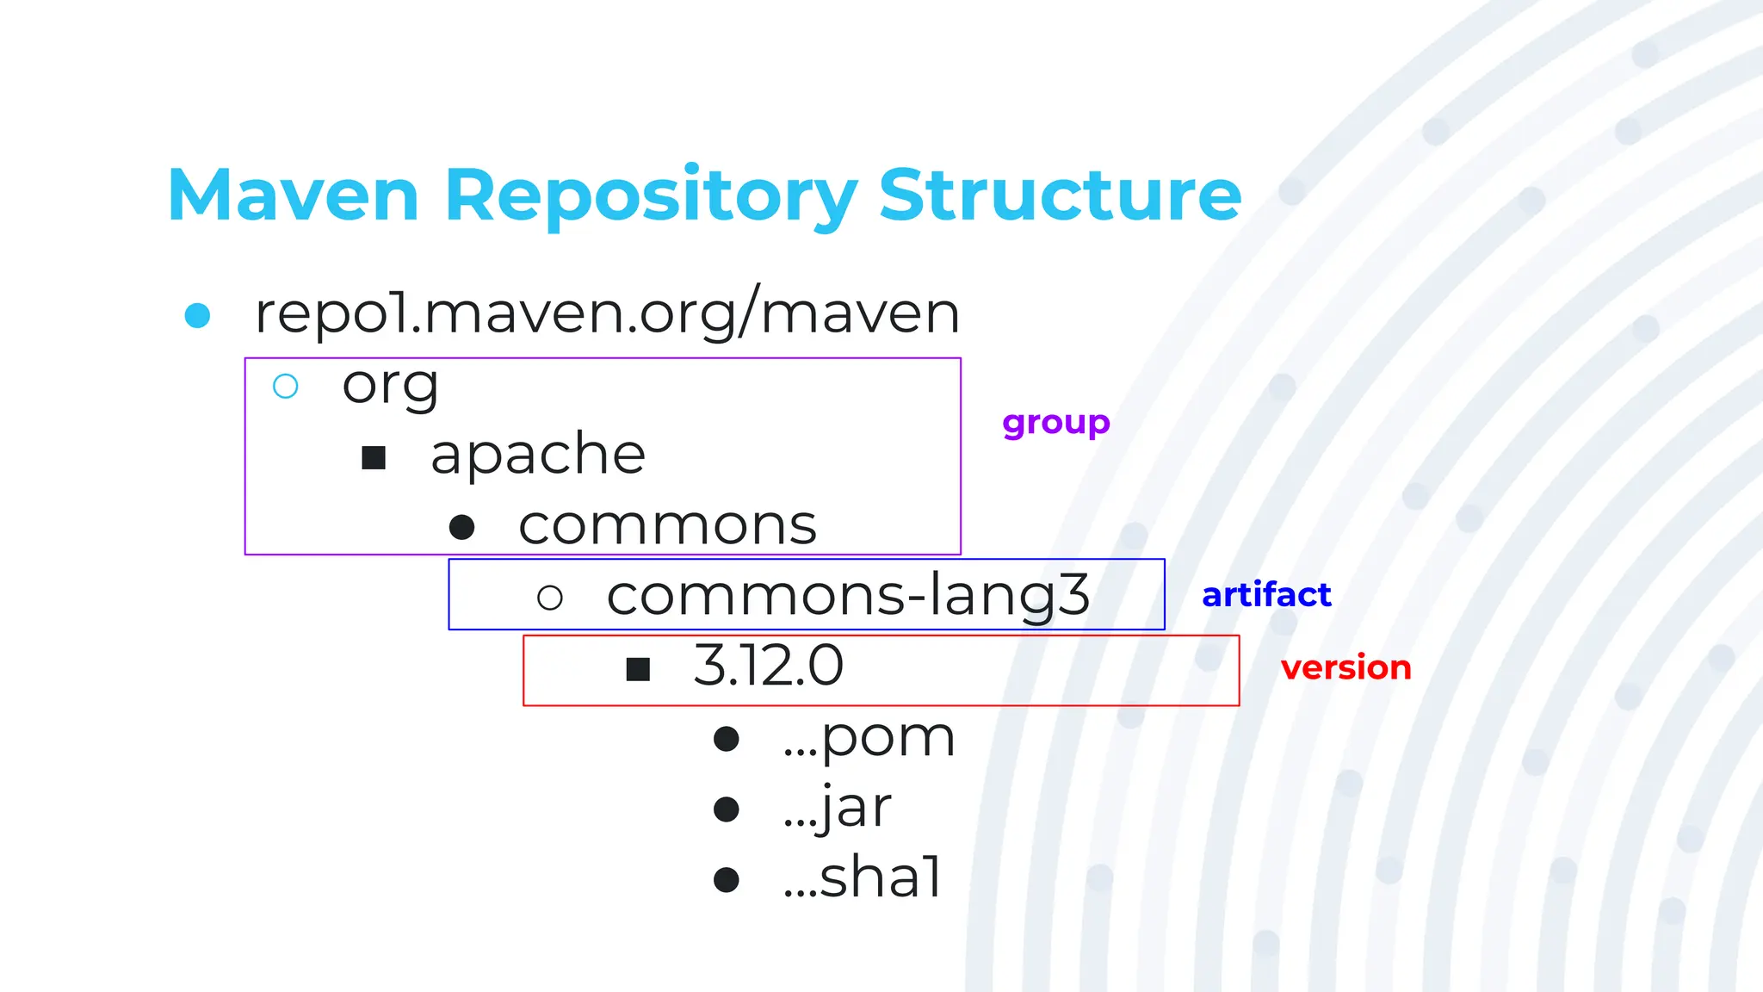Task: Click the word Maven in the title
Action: pos(294,195)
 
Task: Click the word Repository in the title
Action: pos(650,197)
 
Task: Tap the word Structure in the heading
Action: pos(1060,195)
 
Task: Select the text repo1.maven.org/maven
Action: pos(607,313)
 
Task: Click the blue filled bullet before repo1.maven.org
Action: pos(198,316)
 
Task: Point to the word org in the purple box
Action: pos(390,385)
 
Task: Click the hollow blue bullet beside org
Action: pos(286,387)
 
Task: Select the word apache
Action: pos(538,455)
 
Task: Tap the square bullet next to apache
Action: pos(374,458)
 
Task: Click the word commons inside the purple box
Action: pos(667,526)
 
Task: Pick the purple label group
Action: pos(1056,423)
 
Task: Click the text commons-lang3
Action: pos(848,596)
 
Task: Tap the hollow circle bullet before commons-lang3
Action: pos(550,598)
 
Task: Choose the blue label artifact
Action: pos(1266,595)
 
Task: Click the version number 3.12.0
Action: pos(768,666)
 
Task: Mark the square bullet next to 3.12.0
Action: pos(638,669)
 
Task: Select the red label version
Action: pos(1345,668)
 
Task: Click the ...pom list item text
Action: pos(869,739)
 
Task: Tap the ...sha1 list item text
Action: pos(863,878)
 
